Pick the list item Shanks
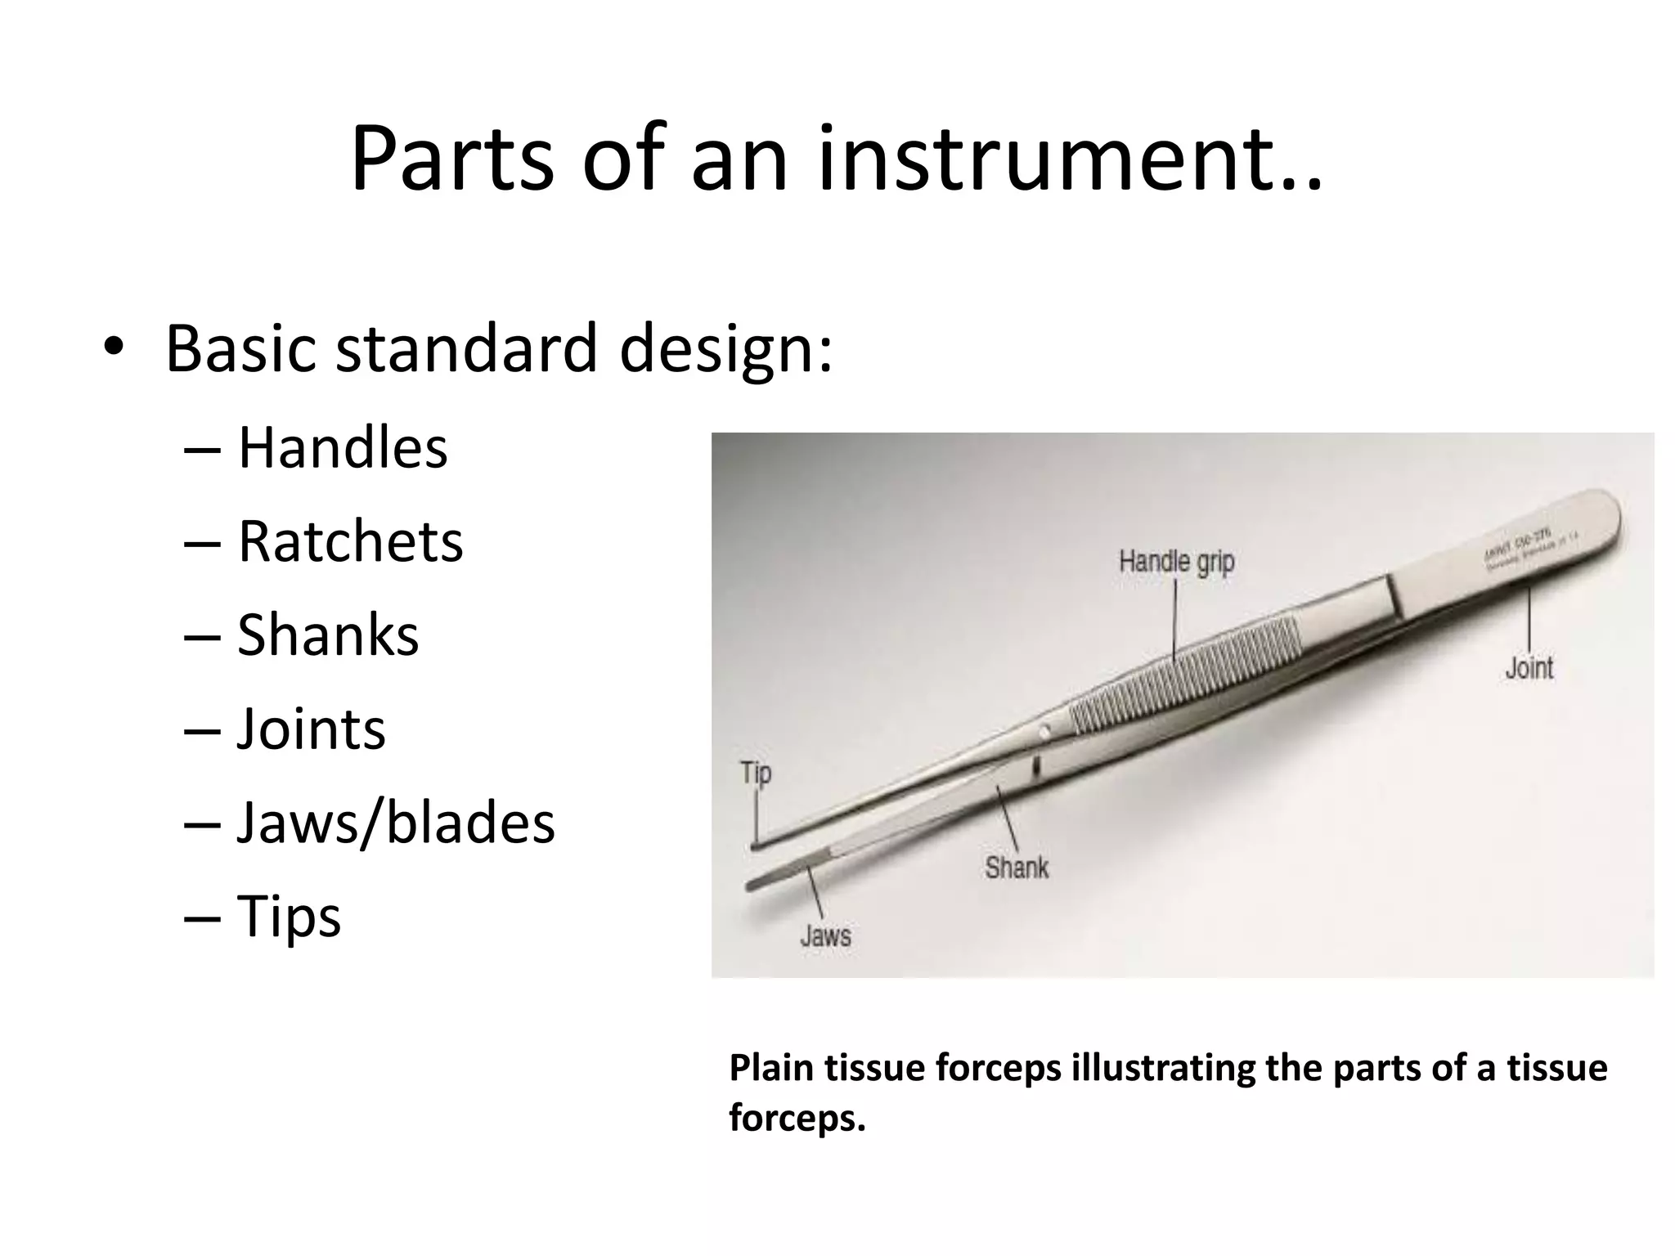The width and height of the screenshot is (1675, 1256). click(327, 635)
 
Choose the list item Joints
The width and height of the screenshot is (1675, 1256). click(311, 729)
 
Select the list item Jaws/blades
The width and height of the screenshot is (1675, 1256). click(396, 823)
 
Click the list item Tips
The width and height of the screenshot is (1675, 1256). click(289, 917)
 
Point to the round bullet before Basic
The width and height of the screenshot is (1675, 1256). click(114, 348)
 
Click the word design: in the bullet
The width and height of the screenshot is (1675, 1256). click(725, 348)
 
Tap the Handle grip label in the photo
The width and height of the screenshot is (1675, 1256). click(1176, 563)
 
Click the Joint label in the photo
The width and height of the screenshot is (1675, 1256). click(1529, 668)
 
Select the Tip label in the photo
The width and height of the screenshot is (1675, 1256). click(756, 773)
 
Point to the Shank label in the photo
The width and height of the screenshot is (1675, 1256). click(1017, 867)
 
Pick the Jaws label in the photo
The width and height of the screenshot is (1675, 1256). click(825, 935)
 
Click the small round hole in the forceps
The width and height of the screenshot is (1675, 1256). click(1044, 729)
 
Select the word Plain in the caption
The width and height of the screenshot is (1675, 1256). click(772, 1068)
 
